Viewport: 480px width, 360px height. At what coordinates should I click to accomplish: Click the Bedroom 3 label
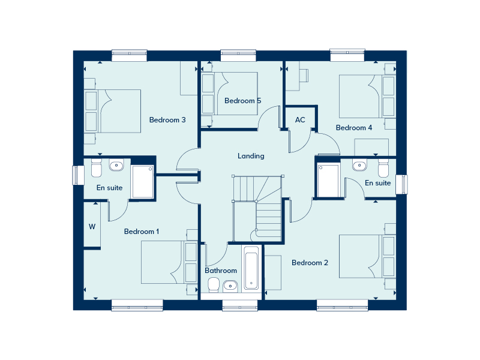tap(167, 119)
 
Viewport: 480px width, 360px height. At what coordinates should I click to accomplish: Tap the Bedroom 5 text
tap(243, 101)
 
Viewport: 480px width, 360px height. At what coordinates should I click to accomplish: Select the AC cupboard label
tap(300, 119)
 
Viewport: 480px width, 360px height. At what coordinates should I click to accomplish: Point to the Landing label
tap(251, 156)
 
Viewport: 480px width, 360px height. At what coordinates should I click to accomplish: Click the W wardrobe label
tap(92, 227)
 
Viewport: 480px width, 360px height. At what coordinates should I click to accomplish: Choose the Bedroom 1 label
tap(142, 232)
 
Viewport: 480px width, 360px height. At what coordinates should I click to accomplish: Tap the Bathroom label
tap(221, 271)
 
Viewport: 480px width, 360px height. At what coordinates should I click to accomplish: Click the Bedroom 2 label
tap(310, 263)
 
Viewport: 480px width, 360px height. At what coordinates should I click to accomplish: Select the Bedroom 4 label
tap(354, 128)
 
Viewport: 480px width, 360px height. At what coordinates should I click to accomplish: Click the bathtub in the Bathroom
tap(251, 268)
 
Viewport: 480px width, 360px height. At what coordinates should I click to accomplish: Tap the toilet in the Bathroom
tap(214, 284)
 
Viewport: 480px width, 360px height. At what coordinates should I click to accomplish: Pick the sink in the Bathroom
tap(230, 286)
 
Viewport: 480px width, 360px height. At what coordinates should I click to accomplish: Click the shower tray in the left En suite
tap(142, 182)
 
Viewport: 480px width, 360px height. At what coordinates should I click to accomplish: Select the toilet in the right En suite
tap(383, 167)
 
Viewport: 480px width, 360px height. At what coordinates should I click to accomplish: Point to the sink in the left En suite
tap(116, 166)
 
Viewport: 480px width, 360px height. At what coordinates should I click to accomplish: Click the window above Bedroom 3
tap(130, 55)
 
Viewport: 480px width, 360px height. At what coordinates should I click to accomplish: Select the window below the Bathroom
tap(240, 305)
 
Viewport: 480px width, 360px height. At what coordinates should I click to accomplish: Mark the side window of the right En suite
tap(401, 184)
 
